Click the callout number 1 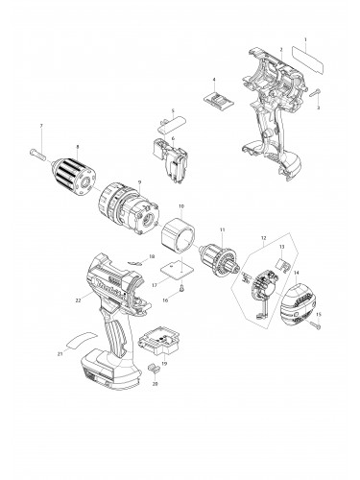(304, 39)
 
